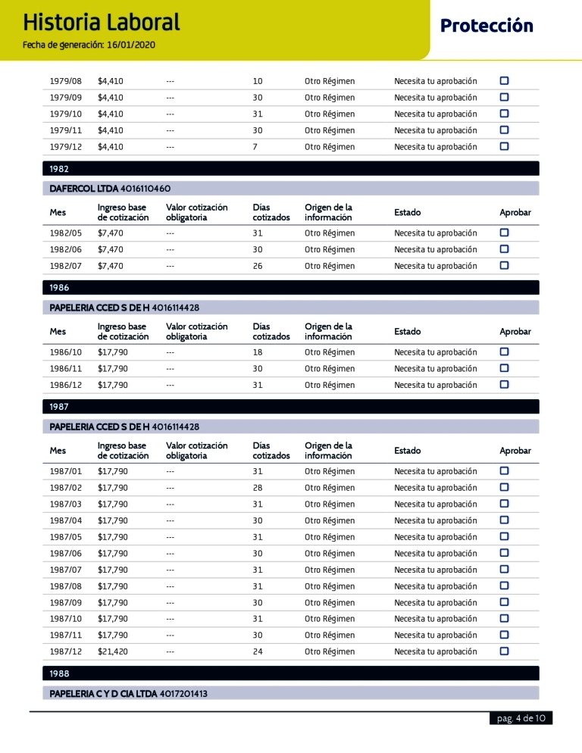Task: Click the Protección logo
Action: pos(487,26)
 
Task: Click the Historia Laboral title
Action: pos(102,22)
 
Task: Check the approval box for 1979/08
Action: pos(504,80)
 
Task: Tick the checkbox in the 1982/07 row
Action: pos(504,266)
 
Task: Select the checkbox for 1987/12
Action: pos(504,651)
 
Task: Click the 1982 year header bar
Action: pos(290,168)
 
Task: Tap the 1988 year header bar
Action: pos(290,673)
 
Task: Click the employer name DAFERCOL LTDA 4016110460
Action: pos(110,189)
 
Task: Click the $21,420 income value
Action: pos(113,651)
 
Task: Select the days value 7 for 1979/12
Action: pos(255,147)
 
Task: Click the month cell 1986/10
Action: pos(66,352)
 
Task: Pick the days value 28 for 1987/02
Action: pos(258,488)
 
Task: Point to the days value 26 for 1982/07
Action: pos(258,266)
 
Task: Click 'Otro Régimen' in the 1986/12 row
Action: pos(330,385)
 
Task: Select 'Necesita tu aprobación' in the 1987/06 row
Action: pos(436,554)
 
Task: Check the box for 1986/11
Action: pos(504,369)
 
